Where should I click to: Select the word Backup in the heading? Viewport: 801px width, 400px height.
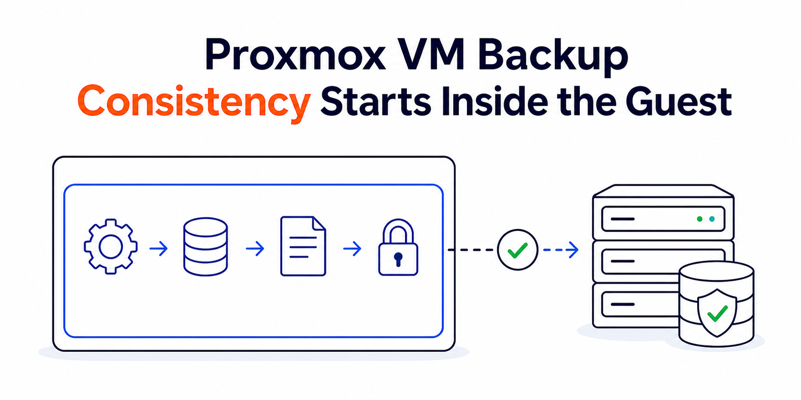click(x=553, y=56)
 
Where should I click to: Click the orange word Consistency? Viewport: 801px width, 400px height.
click(x=194, y=103)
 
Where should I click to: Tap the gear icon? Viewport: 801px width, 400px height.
click(x=111, y=247)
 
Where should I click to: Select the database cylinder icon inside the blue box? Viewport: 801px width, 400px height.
click(x=205, y=247)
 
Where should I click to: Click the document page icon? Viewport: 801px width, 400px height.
click(x=303, y=246)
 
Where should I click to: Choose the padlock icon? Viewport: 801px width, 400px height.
click(x=398, y=247)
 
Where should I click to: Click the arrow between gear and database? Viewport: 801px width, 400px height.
click(x=158, y=248)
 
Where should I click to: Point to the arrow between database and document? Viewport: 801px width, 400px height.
click(x=255, y=248)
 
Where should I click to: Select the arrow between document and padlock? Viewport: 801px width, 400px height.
click(x=352, y=248)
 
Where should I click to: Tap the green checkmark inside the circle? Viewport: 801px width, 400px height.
click(x=517, y=250)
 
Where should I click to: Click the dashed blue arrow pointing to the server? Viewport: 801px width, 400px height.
click(x=561, y=250)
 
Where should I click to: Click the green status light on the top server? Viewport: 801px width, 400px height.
click(x=699, y=219)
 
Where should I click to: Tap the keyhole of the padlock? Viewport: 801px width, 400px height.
click(x=398, y=259)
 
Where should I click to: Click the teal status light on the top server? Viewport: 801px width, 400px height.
click(x=712, y=219)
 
